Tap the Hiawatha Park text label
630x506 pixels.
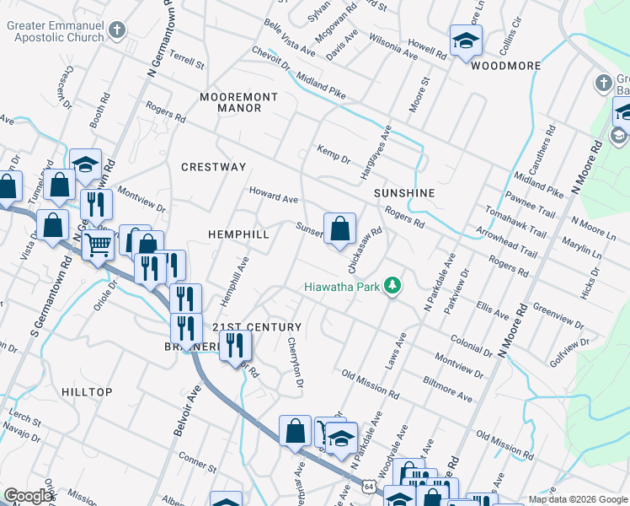click(341, 287)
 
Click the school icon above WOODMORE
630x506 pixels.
click(466, 40)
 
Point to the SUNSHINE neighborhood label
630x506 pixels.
click(405, 193)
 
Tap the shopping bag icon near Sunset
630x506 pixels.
click(339, 228)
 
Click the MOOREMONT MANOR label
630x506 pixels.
click(230, 102)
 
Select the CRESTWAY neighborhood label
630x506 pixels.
click(213, 167)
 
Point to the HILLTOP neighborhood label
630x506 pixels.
click(87, 392)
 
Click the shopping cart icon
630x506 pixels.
click(99, 245)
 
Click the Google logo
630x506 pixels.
click(29, 496)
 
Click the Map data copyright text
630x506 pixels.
click(577, 499)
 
